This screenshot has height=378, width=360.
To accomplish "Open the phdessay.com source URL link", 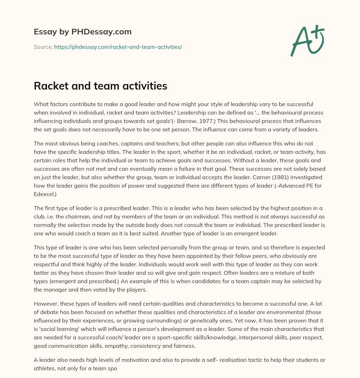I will point(118,47).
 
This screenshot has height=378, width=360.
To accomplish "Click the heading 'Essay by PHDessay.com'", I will point(83,32).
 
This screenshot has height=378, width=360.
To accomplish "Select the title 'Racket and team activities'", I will point(100,86).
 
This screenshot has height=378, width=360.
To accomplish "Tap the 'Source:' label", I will point(43,47).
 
